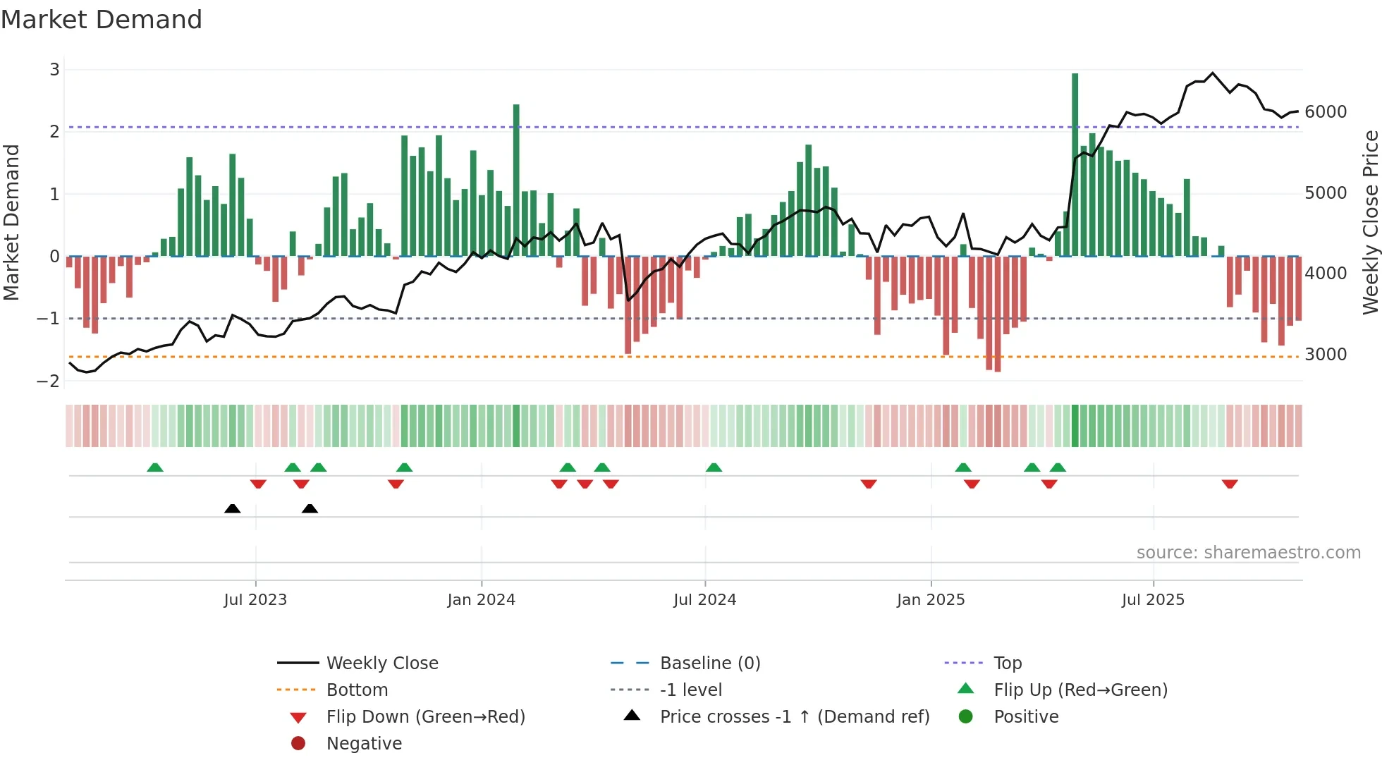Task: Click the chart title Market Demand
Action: point(102,19)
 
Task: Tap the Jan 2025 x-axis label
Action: point(930,600)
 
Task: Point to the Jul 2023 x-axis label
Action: point(255,600)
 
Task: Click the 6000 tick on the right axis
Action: point(1325,112)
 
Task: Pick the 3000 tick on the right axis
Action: point(1325,355)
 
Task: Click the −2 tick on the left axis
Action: point(48,381)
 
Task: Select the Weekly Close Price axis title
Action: point(1370,222)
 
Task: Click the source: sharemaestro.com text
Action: point(1248,553)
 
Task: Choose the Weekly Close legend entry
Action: point(381,663)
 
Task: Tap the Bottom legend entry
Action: point(357,690)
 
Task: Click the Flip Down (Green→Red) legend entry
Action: point(425,717)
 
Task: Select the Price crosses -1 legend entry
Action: point(794,717)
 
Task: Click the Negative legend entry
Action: point(364,744)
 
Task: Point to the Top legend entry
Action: point(1008,663)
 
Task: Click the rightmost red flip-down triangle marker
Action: point(1230,484)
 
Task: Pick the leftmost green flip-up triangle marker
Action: point(155,467)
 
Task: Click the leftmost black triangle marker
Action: point(232,508)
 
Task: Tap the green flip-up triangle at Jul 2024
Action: point(714,467)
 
